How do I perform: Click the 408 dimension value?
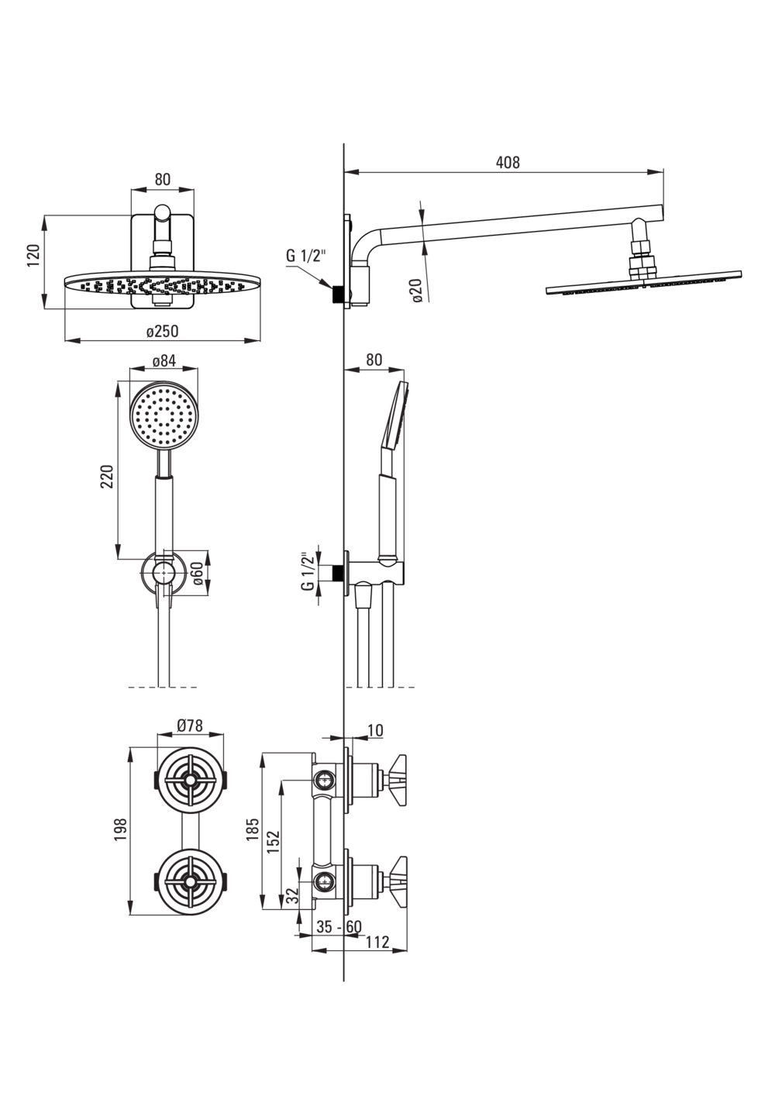coord(508,163)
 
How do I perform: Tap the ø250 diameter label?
coord(163,331)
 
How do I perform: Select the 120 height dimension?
coord(34,256)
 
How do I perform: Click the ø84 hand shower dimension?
coord(164,361)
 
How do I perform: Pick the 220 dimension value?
coord(107,476)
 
